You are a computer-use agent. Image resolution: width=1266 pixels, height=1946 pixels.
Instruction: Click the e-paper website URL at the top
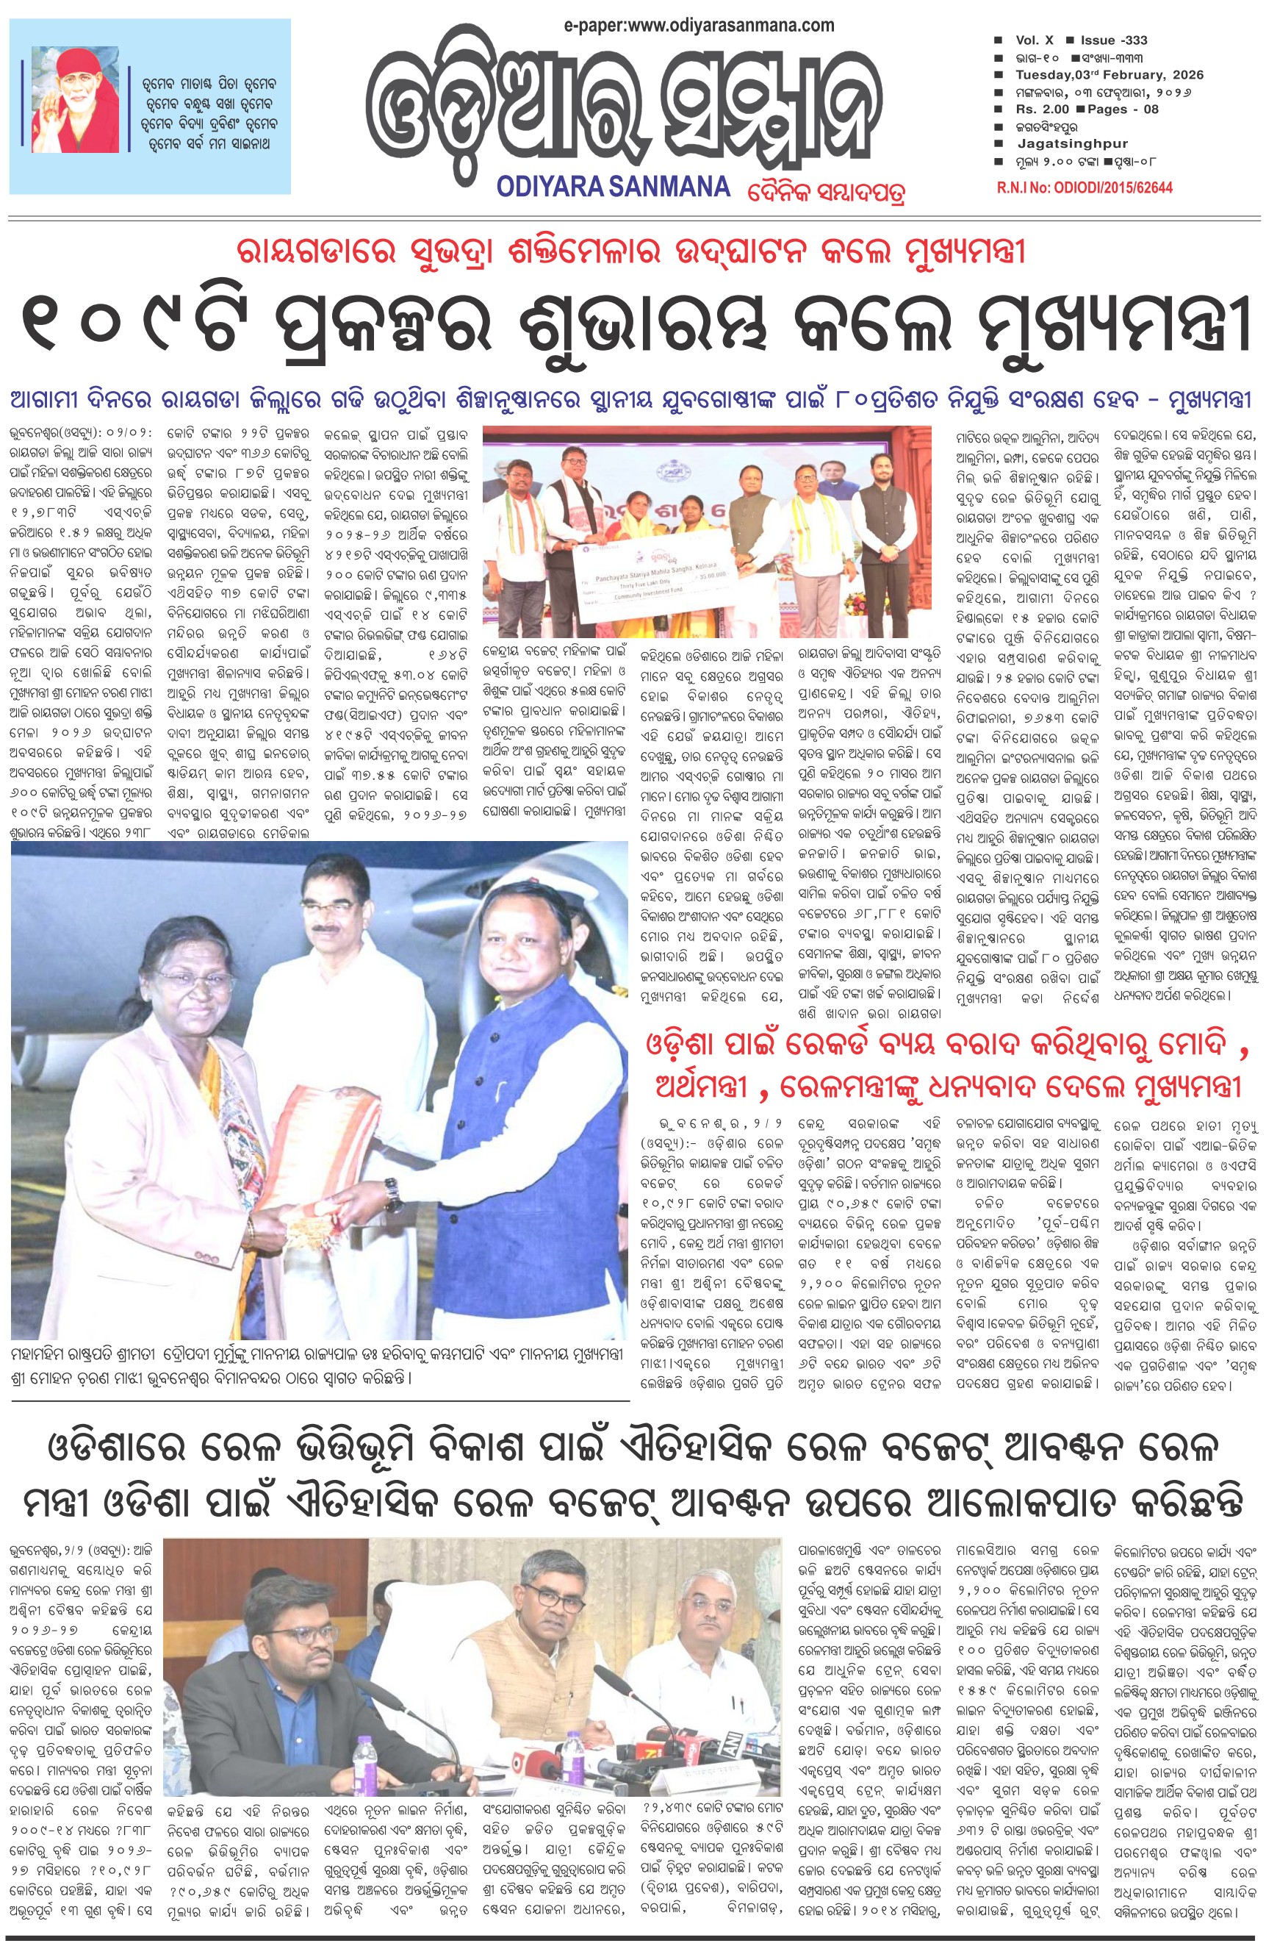(699, 25)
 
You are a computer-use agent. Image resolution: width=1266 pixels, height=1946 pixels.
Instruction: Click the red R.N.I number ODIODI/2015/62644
(1085, 188)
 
